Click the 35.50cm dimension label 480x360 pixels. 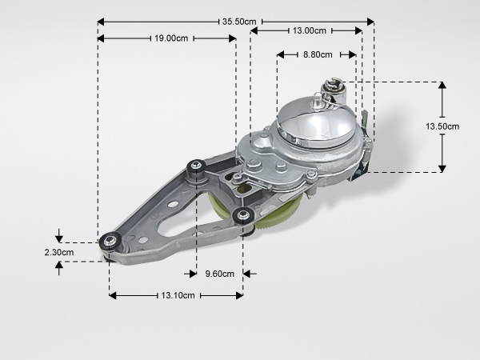click(239, 22)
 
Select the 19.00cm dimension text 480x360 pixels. click(171, 38)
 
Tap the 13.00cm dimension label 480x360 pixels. click(309, 30)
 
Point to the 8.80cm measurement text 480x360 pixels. click(318, 54)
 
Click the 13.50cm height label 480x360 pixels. click(442, 126)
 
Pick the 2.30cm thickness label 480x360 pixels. click(59, 252)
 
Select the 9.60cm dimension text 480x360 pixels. click(219, 274)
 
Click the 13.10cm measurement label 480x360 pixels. click(178, 295)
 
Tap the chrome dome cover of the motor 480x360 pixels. click(316, 122)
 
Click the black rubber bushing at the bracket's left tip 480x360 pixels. click(110, 242)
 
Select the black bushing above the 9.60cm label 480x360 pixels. click(242, 215)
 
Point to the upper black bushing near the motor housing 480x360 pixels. click(196, 166)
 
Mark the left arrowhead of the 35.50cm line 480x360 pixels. click(101, 22)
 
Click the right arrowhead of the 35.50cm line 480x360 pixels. click(370, 22)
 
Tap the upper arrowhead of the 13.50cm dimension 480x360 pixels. click(442, 85)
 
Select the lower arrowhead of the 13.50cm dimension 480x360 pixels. click(442, 169)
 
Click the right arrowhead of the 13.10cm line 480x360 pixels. click(239, 295)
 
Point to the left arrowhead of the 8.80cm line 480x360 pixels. click(281, 54)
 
